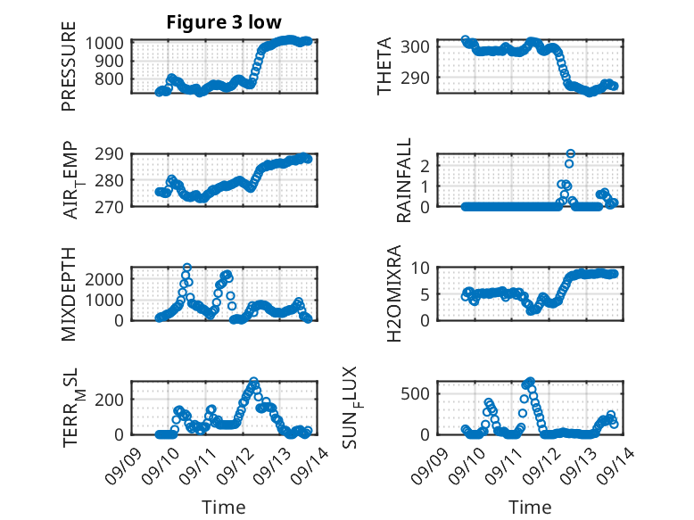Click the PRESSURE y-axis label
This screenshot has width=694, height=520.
tap(69, 73)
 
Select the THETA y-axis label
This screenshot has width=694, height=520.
tap(384, 67)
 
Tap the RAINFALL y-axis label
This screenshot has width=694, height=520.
tap(404, 179)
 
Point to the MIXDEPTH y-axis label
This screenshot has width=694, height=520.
tap(69, 293)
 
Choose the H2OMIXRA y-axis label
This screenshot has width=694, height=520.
tap(404, 293)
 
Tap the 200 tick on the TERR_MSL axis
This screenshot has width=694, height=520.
tap(115, 398)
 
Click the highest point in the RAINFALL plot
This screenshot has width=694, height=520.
tap(570, 153)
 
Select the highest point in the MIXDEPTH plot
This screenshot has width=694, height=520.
tap(186, 268)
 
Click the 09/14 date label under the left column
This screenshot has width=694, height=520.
tap(309, 460)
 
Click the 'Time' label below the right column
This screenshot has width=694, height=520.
tap(530, 508)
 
